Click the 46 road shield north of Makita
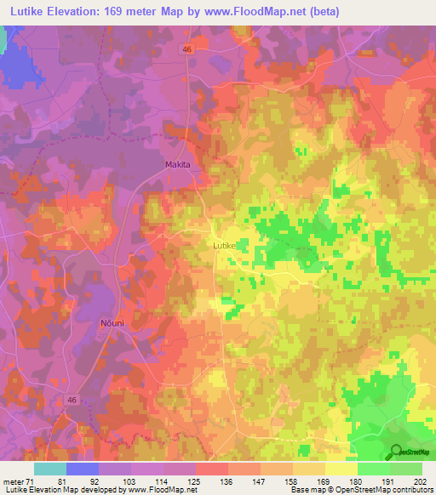[186, 50]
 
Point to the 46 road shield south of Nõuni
[72, 399]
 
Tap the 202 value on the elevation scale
[420, 481]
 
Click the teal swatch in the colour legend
[50, 469]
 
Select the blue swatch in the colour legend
[83, 469]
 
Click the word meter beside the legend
[13, 481]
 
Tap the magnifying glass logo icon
[395, 452]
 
